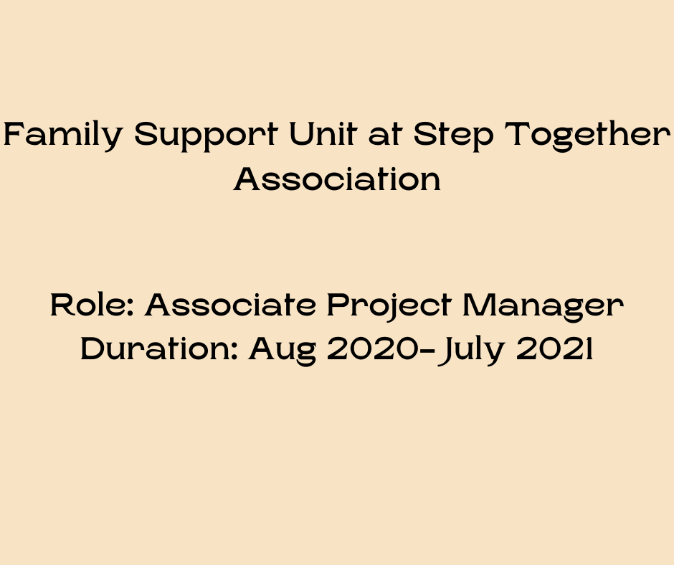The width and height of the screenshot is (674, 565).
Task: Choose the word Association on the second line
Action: point(337,179)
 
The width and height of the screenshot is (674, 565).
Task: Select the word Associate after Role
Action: point(230,306)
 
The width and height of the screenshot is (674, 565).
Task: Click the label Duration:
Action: point(159,349)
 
